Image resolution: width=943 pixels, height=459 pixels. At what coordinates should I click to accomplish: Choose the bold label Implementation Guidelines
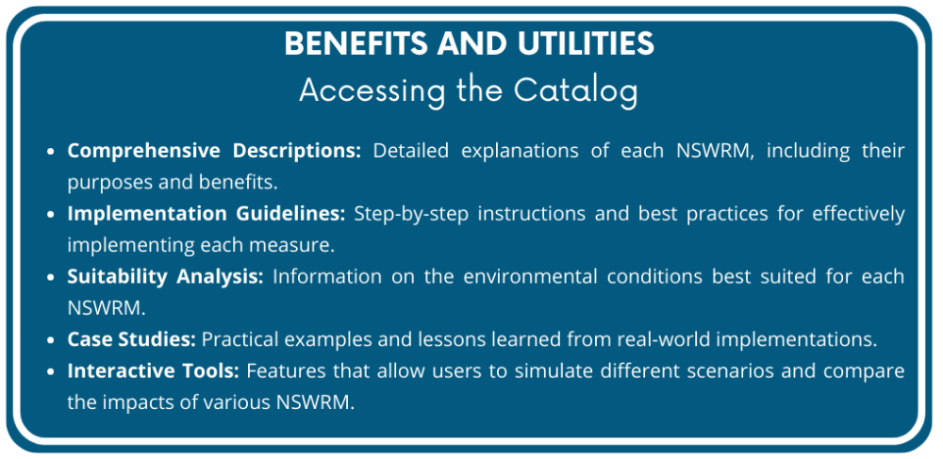207,214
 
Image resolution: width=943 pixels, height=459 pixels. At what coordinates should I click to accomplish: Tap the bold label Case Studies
131,339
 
